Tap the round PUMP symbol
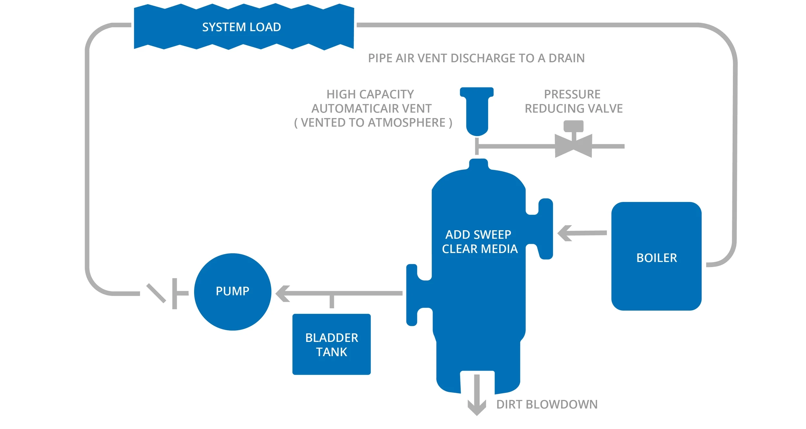232,292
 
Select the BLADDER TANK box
331,344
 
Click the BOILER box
656,256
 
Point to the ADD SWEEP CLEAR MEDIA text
479,242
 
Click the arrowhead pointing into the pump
283,294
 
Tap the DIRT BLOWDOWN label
547,404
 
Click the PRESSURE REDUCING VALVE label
574,101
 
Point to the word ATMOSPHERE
407,123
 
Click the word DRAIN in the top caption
566,58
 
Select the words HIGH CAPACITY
370,94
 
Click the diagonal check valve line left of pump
156,293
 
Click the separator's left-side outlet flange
412,295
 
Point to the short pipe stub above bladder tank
332,301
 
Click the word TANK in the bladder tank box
331,352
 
